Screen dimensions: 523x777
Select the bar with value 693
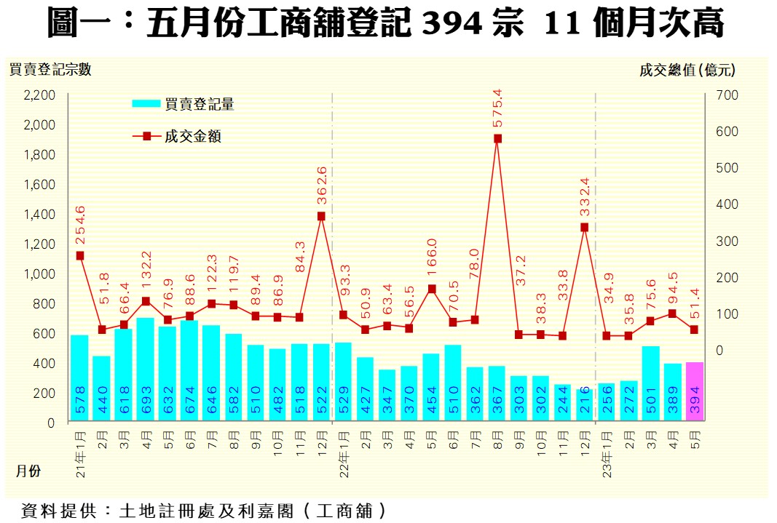coord(146,370)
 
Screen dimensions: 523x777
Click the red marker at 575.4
coord(497,138)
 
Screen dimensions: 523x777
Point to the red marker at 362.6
coord(321,216)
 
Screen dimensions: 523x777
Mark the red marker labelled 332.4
coord(585,227)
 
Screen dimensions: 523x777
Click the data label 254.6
coord(80,224)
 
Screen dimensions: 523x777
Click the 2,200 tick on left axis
coord(40,95)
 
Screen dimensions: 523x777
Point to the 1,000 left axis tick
coord(40,274)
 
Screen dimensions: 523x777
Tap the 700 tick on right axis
coord(728,95)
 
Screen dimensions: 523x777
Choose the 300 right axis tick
coord(728,241)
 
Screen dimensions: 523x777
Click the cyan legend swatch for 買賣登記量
coord(146,104)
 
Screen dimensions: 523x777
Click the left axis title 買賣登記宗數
coord(50,71)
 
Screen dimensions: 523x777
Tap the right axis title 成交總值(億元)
coord(687,71)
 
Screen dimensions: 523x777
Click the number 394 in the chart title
coord(451,24)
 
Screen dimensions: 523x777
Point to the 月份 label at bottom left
coord(29,471)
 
